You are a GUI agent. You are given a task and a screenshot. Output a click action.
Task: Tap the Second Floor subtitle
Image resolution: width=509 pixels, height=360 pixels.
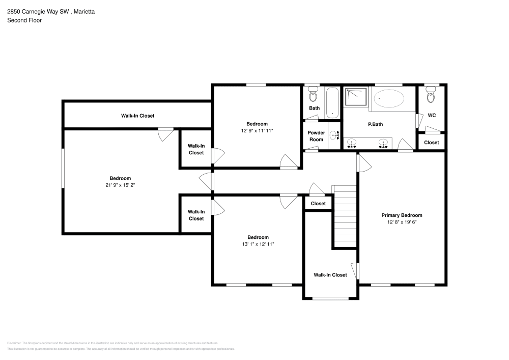coord(24,20)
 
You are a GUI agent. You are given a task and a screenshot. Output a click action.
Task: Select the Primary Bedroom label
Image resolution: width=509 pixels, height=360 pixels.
coord(402,215)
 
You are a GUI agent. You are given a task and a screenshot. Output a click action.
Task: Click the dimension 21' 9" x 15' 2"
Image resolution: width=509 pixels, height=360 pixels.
coord(120,185)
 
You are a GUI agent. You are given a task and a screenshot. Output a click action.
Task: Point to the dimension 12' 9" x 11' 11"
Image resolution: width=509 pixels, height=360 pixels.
coord(257,131)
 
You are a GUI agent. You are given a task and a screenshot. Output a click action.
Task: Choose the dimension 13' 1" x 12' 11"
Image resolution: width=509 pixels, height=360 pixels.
coord(258,244)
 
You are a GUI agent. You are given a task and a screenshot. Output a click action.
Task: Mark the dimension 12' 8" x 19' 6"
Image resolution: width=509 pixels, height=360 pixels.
coord(402,223)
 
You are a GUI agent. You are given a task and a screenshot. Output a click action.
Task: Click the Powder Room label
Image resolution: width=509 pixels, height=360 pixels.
coord(316,136)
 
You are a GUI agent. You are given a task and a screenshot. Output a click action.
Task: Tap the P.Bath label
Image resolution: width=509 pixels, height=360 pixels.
coord(375,124)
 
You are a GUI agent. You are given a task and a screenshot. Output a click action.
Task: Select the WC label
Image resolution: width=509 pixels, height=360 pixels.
coord(432,116)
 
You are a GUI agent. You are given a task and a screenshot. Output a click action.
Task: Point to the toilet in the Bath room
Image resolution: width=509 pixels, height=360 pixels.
coord(314,95)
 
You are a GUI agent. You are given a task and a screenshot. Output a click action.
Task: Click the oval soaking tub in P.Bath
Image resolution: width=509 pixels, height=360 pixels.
coord(389,98)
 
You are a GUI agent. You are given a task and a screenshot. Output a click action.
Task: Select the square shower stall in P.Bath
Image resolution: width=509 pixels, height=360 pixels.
coord(356,97)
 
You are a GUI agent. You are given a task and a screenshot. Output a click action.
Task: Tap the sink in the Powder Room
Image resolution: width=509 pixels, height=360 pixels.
coord(334,135)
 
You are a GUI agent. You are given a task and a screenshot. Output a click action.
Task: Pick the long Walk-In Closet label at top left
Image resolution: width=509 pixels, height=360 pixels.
coord(137,116)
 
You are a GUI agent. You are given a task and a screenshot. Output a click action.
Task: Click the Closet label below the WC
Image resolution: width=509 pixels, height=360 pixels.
coord(431,143)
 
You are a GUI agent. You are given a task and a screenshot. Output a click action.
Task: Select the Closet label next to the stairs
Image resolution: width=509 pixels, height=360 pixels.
coord(318,204)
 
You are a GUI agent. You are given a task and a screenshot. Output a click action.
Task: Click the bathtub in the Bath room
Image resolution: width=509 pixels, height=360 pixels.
coord(332,102)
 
